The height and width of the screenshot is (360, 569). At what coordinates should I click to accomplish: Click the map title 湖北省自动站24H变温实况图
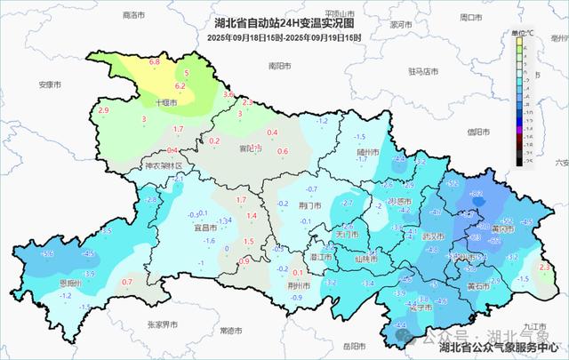(x=284, y=23)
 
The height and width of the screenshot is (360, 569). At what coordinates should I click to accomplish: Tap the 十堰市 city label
(x=166, y=103)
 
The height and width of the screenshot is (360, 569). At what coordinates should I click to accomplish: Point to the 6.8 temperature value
(x=154, y=62)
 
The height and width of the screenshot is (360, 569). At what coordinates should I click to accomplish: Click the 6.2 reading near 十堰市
(x=180, y=86)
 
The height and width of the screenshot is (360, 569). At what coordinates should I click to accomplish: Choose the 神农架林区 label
(x=163, y=166)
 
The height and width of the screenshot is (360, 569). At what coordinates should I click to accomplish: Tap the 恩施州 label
(x=71, y=283)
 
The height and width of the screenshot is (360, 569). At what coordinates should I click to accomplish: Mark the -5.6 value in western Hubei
(x=48, y=254)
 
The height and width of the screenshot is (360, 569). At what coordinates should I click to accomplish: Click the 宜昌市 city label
(x=206, y=227)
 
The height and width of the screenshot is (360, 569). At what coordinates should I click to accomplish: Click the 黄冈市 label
(x=502, y=228)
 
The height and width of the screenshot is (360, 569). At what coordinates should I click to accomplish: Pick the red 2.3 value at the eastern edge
(x=545, y=267)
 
